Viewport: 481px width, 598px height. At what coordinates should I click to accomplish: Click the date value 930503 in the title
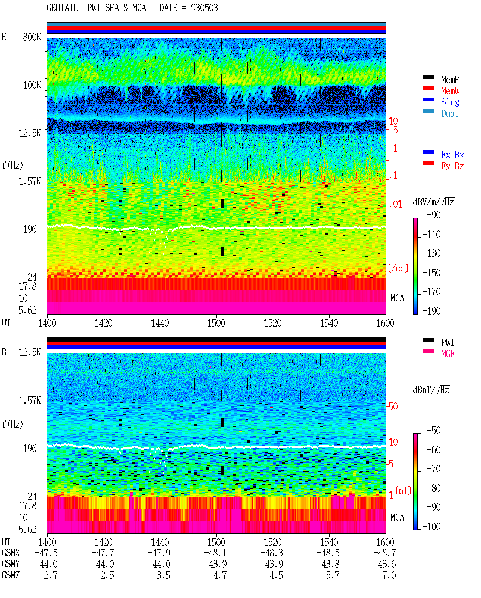204,8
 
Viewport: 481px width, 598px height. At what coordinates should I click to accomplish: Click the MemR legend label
450,80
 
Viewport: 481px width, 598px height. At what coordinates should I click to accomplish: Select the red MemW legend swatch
428,88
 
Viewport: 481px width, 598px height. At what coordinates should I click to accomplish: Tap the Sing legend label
450,102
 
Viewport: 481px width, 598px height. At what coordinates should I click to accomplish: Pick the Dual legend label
450,113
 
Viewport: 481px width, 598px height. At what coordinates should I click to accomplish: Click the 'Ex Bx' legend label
452,155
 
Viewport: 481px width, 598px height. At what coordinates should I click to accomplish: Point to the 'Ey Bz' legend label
452,166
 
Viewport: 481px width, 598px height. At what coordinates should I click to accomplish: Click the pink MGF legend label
448,354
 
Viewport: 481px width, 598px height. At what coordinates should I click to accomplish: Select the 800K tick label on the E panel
32,37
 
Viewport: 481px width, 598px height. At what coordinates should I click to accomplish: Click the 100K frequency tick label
32,85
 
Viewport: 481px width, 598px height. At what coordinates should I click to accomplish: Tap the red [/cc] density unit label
398,268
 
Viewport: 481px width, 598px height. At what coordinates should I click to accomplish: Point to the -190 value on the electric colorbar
431,311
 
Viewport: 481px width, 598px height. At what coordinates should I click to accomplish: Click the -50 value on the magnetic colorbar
434,431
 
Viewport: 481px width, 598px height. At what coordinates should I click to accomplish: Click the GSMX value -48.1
215,553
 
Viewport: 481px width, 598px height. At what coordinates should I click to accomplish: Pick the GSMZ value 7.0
389,575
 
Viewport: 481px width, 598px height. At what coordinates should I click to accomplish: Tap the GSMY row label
11,564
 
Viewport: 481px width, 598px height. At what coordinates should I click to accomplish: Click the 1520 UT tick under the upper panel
273,323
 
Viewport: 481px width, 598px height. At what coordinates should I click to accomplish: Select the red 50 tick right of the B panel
393,406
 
